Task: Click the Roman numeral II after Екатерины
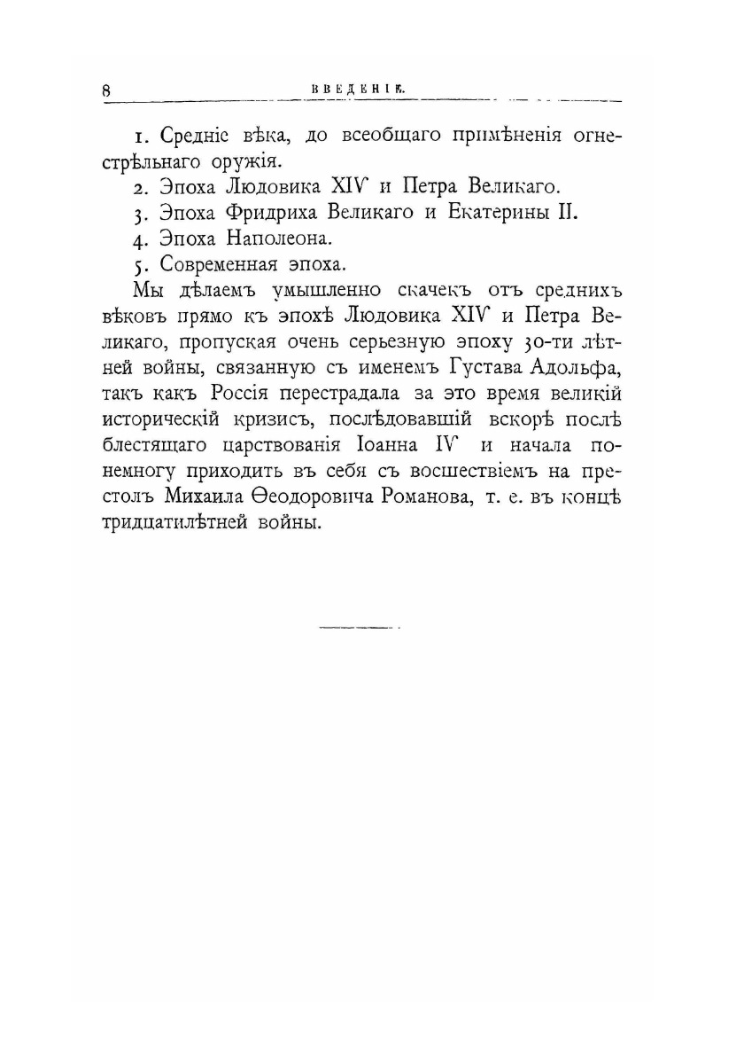[x=567, y=213]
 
